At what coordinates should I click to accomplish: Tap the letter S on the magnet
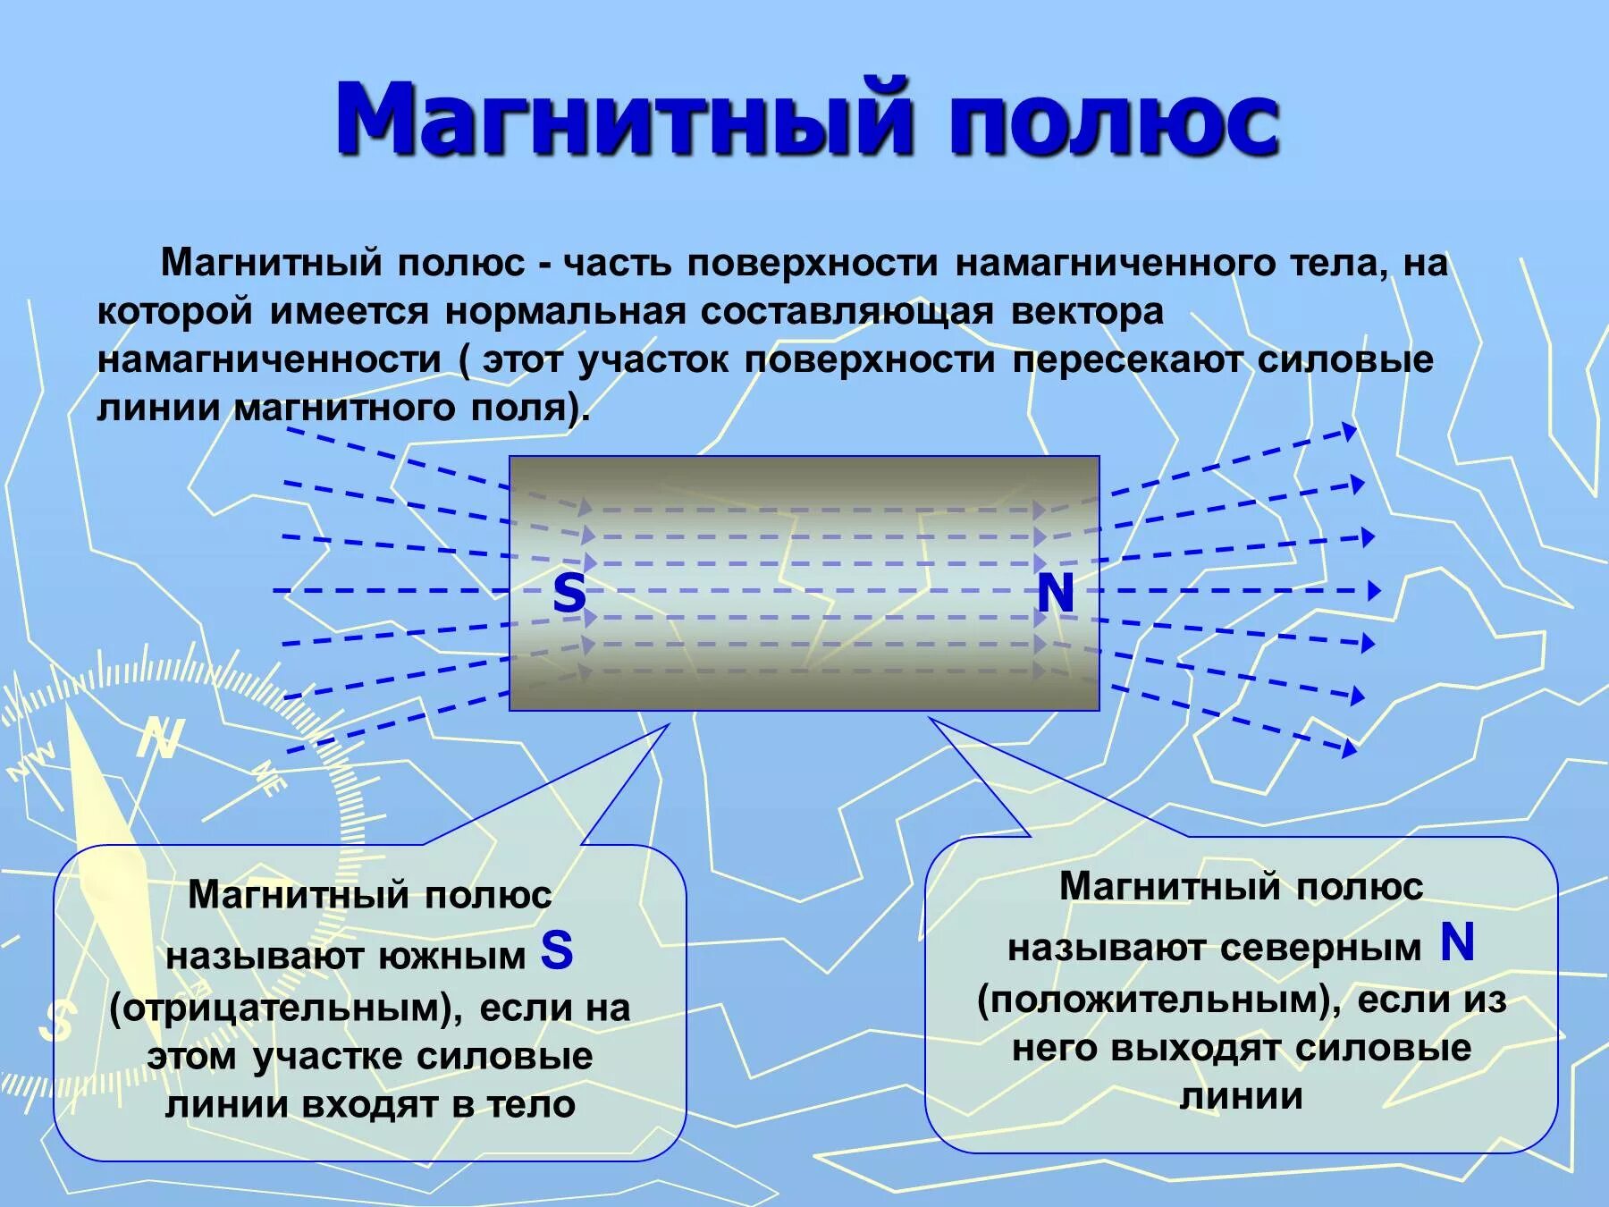pyautogui.click(x=569, y=592)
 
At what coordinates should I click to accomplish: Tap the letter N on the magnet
pyautogui.click(x=1055, y=592)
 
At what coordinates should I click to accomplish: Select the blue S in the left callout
pyautogui.click(x=557, y=950)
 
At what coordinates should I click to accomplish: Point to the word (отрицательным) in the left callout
pyautogui.click(x=285, y=1008)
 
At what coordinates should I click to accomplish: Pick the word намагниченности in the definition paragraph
pyautogui.click(x=269, y=359)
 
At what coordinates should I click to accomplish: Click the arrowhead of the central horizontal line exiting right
pyautogui.click(x=1374, y=590)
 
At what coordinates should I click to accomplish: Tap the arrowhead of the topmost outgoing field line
pyautogui.click(x=1350, y=432)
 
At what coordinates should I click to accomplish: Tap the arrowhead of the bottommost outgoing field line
pyautogui.click(x=1350, y=749)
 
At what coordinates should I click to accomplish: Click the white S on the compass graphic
pyautogui.click(x=59, y=1020)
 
